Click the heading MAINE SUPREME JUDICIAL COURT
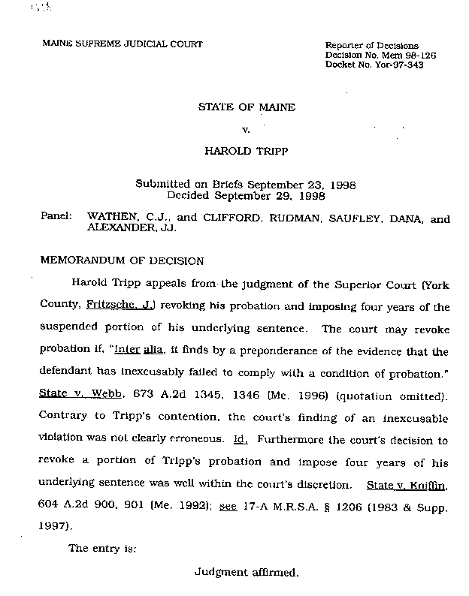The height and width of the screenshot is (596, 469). point(123,44)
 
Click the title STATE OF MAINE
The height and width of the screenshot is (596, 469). point(247,107)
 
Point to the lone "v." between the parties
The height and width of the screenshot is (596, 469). point(245,129)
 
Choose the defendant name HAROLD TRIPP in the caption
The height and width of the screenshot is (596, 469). point(246,150)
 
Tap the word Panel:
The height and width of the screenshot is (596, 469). point(56,220)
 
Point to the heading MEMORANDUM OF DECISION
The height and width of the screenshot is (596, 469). point(121,261)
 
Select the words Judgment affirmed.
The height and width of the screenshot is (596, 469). point(247,572)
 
